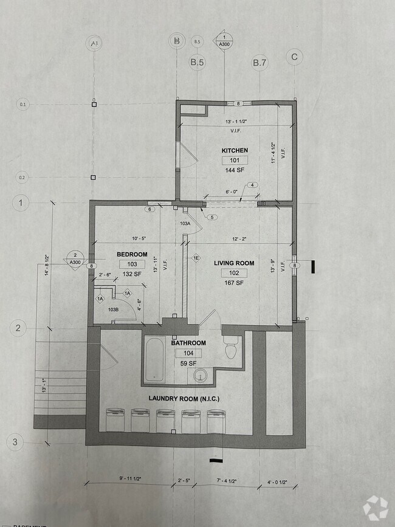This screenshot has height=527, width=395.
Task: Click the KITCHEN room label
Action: click(235, 150)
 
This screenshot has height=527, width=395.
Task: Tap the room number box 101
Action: click(235, 161)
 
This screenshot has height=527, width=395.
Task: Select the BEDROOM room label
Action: click(132, 254)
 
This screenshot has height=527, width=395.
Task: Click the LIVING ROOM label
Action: click(234, 263)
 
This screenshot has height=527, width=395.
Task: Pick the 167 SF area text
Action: click(234, 283)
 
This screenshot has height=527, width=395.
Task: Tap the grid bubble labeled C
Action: click(294, 57)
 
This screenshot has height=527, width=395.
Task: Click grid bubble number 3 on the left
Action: click(18, 442)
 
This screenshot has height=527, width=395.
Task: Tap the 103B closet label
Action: click(113, 309)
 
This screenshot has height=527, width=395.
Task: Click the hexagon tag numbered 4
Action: click(252, 185)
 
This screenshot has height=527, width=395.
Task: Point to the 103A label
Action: click(185, 224)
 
